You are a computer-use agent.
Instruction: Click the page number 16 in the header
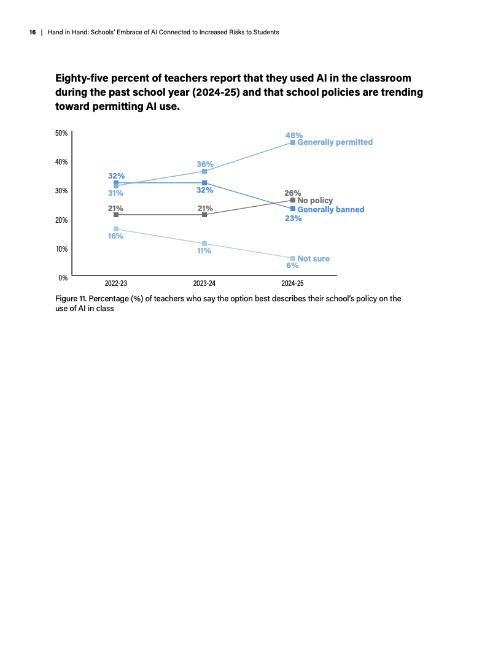click(32, 32)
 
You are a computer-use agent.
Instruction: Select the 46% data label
click(294, 135)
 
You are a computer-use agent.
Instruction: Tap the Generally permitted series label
click(335, 142)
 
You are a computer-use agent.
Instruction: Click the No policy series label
click(315, 200)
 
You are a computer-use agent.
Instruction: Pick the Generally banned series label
click(330, 209)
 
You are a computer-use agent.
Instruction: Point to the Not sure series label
click(313, 258)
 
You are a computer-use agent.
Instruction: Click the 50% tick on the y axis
click(62, 133)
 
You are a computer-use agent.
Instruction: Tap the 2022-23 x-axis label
click(116, 284)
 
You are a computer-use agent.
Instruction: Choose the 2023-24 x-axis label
click(204, 284)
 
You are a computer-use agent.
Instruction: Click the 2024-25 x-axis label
click(292, 284)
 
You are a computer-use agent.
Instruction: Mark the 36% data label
click(205, 164)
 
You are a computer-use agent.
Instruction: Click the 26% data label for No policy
click(293, 193)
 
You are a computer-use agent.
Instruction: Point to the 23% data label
click(293, 218)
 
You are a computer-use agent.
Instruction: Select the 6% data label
click(292, 266)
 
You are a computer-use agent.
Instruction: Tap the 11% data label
click(204, 251)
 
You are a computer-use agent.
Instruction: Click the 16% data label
click(116, 236)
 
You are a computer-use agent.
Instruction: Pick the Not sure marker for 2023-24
click(204, 244)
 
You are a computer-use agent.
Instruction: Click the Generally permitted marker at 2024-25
click(293, 142)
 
